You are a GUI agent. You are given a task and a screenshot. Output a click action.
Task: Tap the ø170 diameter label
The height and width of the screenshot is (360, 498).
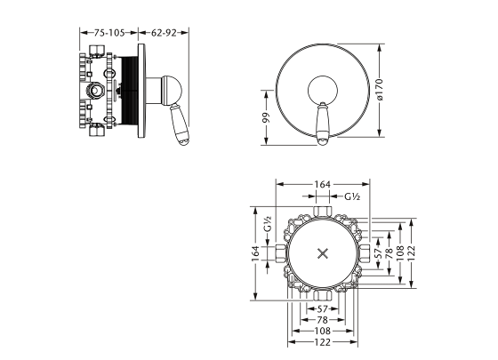click(379, 89)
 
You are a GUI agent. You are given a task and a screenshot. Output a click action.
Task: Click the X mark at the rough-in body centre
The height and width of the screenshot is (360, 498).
click(323, 252)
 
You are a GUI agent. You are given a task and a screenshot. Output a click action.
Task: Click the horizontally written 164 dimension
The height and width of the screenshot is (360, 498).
click(323, 185)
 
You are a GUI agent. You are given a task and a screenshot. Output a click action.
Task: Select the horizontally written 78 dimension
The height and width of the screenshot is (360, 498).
click(323, 319)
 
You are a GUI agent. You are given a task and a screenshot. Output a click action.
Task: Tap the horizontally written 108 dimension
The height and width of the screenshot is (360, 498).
click(323, 330)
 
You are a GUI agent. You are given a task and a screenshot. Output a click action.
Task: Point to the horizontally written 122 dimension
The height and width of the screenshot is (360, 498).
click(323, 341)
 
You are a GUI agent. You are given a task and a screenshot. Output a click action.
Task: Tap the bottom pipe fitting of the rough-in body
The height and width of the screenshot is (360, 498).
click(323, 294)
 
